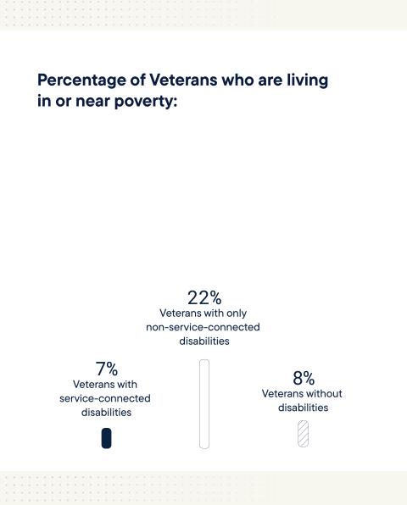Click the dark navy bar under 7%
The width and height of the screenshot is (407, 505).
(x=106, y=438)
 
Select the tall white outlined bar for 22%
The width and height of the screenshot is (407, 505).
(x=204, y=403)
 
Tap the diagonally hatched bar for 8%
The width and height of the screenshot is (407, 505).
(x=304, y=434)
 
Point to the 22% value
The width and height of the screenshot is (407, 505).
(x=204, y=297)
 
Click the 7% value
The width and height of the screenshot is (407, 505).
(x=106, y=369)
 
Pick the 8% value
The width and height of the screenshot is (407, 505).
(x=304, y=378)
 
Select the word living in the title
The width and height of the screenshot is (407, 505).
(x=303, y=80)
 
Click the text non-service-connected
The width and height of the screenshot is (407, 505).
(x=204, y=327)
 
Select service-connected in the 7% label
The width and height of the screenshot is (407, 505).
(x=105, y=398)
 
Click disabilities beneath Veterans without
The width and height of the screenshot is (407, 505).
(x=304, y=408)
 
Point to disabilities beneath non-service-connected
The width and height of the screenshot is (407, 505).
(x=204, y=341)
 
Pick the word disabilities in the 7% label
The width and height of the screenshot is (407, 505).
(x=106, y=413)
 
